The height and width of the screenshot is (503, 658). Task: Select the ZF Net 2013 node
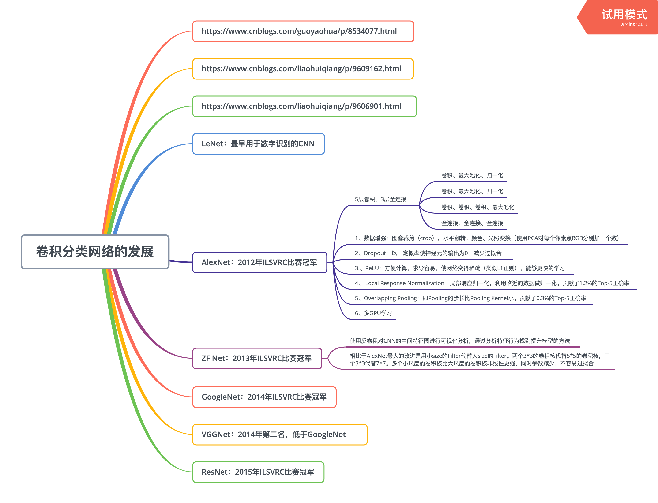point(257,358)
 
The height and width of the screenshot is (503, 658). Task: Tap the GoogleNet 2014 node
point(264,397)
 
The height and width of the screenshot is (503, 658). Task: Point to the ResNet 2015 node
point(258,472)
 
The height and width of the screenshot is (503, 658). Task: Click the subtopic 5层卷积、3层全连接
point(380,199)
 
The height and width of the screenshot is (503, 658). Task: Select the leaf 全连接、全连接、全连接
point(472,223)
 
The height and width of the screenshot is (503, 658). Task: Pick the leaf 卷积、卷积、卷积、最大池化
point(477,207)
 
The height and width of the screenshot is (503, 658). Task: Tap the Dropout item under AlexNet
point(428,253)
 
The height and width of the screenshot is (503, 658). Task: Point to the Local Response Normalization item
point(492,283)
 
